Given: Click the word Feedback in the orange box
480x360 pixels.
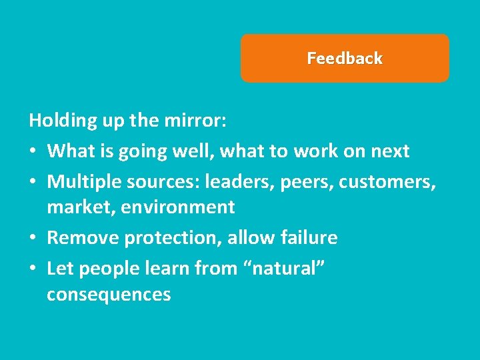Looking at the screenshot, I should pyautogui.click(x=345, y=59).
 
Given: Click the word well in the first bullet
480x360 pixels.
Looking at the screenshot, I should pyautogui.click(x=190, y=151).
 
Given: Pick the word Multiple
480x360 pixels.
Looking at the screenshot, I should pyautogui.click(x=79, y=181).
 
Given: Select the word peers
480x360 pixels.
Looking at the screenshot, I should pyautogui.click(x=303, y=181).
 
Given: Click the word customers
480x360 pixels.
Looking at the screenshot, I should pyautogui.click(x=388, y=181).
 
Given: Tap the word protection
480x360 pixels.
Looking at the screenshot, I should pyautogui.click(x=159, y=238).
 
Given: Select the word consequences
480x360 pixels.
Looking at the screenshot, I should pyautogui.click(x=109, y=295).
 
